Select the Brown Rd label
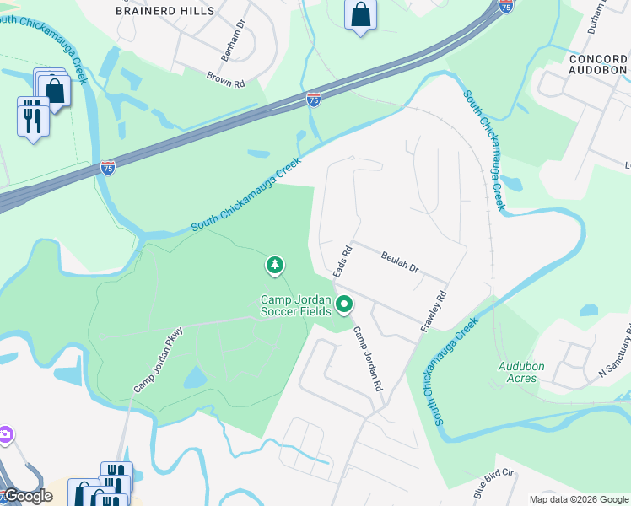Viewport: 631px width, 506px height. (x=225, y=79)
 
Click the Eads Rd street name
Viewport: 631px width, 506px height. (x=342, y=262)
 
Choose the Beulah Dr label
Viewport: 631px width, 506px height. (x=400, y=262)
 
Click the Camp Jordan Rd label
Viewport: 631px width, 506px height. (x=369, y=359)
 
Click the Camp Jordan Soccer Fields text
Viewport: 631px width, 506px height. (x=295, y=305)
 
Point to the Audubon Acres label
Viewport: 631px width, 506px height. (x=523, y=372)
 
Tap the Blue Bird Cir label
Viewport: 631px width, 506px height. (x=494, y=481)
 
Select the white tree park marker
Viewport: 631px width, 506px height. (x=274, y=265)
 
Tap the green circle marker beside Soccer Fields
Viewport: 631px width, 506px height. (x=344, y=304)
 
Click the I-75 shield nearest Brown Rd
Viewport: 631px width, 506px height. (x=314, y=100)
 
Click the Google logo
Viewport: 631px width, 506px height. (x=28, y=496)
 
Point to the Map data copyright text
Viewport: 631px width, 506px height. (x=578, y=499)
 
